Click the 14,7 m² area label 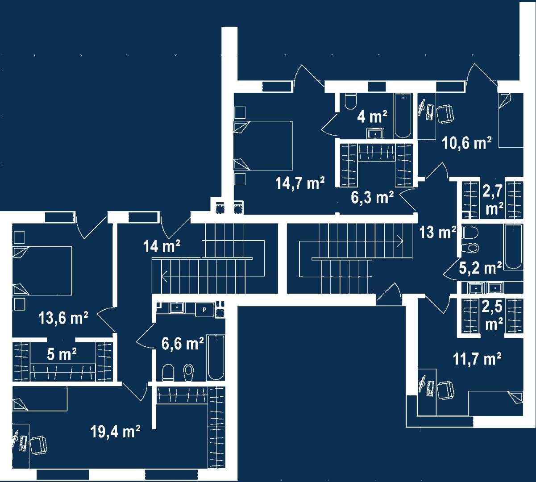pos(300,183)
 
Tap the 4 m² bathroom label pos(372,116)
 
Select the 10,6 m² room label pos(467,143)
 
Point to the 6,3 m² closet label pos(372,197)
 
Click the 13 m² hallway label pos(438,233)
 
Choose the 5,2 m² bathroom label pos(480,268)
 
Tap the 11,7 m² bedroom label pos(477,359)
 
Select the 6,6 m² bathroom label pos(183,344)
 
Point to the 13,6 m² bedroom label pos(63,318)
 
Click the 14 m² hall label pos(162,246)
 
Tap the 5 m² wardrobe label pos(62,355)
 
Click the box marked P pos(205,310)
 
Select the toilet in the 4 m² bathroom pos(350,101)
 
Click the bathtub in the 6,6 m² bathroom pos(216,357)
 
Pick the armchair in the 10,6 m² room pos(445,114)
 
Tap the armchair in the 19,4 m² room pos(38,445)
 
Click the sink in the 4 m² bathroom pos(376,133)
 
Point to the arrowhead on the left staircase pos(165,276)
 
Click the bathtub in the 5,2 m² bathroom pos(514,246)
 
